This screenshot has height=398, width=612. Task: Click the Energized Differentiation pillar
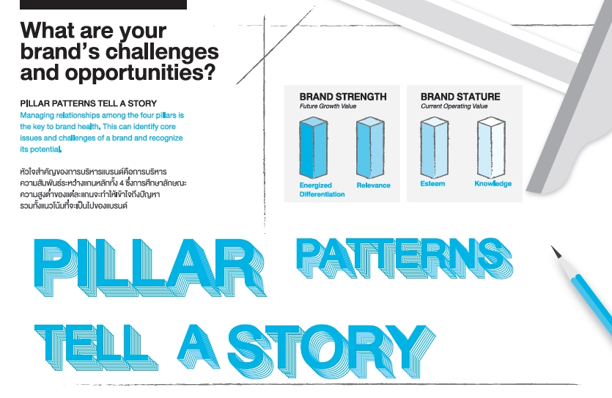coord(314,147)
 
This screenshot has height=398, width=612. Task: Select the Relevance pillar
coord(370,147)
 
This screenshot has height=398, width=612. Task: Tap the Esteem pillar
coord(435,147)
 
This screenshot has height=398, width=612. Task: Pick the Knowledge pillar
coord(491,147)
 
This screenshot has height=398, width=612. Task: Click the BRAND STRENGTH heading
coord(343,97)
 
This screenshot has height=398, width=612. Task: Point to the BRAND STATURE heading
coord(460,97)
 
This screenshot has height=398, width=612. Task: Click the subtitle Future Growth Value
coord(328,106)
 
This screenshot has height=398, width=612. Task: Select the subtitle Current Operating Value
coord(454,106)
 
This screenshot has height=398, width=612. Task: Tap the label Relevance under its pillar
coord(374,185)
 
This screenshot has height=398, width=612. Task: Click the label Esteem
coord(432,183)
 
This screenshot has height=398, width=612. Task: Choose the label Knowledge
coord(493,184)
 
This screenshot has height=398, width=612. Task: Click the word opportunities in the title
coord(140,73)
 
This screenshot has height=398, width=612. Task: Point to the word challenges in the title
coord(161,51)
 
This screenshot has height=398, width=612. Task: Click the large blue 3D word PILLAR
coord(150,268)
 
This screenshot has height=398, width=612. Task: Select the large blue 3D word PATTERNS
coord(405,257)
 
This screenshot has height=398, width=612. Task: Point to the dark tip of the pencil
coord(556,251)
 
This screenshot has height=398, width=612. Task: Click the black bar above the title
coord(103,4)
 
